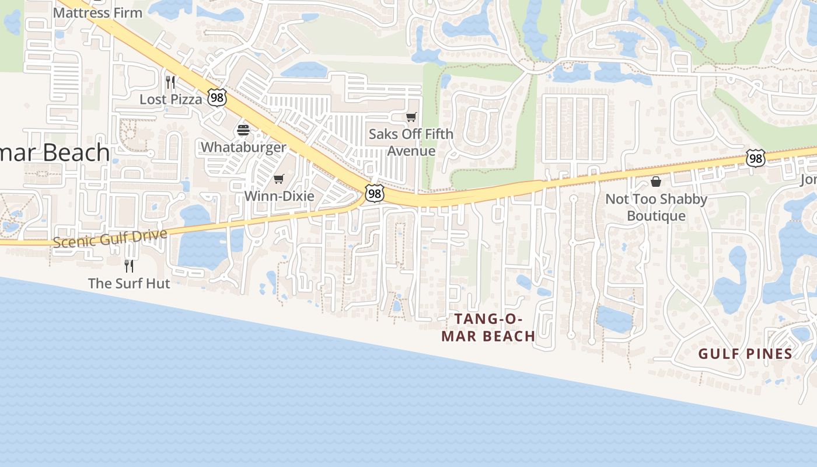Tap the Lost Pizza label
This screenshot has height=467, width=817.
(170, 99)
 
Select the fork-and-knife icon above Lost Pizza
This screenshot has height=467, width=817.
(170, 82)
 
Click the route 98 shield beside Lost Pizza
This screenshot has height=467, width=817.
(217, 97)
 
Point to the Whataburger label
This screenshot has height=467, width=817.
(243, 147)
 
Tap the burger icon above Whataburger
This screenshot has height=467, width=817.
(243, 130)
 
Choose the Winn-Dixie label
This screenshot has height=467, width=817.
(279, 196)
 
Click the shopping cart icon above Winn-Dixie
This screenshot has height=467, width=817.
(279, 179)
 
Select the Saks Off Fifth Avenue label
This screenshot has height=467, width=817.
(411, 142)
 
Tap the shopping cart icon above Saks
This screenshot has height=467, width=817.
(411, 117)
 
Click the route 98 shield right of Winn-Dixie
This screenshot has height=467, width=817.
(375, 193)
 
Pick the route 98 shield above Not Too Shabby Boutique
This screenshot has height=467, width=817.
(755, 158)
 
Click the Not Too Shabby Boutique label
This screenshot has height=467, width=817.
(656, 207)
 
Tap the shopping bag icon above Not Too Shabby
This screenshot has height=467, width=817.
(656, 182)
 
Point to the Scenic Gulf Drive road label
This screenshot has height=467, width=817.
(110, 238)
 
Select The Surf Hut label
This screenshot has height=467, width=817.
(129, 284)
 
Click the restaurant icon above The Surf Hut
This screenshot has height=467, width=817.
(129, 266)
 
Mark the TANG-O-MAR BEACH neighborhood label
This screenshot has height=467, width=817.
(488, 327)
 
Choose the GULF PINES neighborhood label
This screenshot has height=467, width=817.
(745, 354)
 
